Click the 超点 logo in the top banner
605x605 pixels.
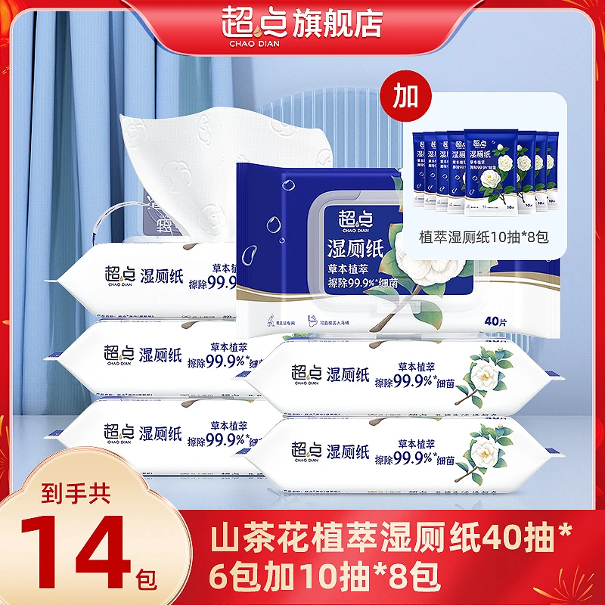[251, 23]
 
